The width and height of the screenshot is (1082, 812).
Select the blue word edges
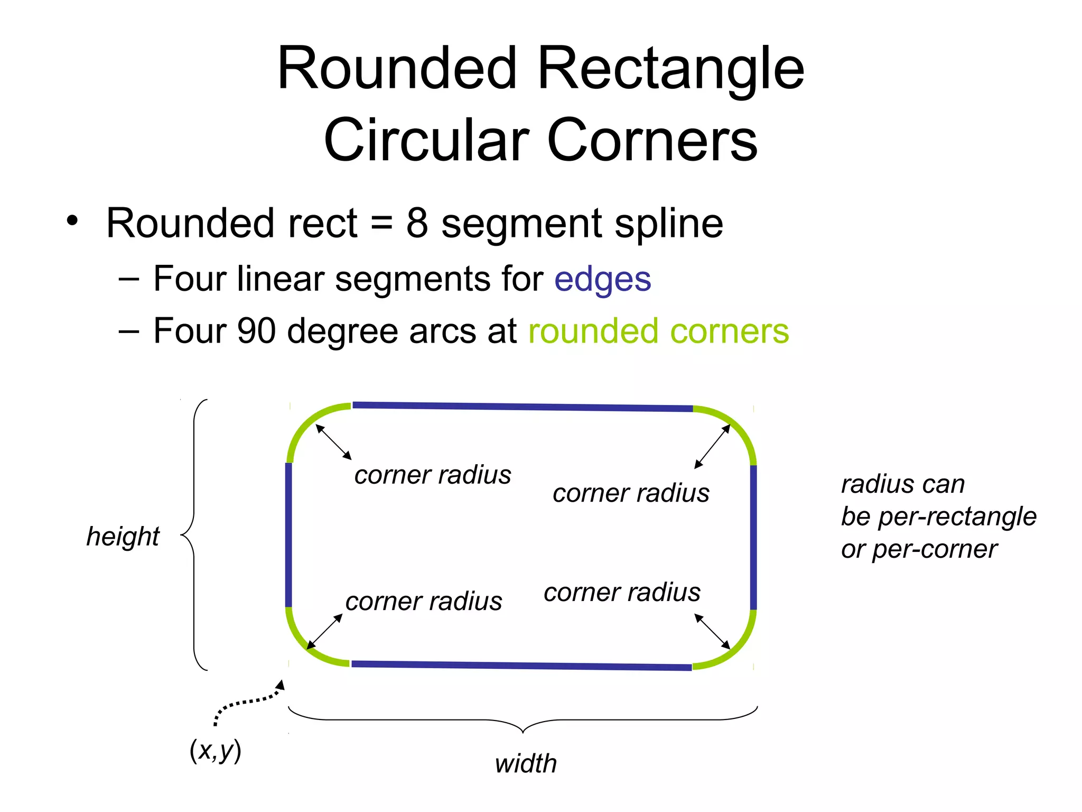point(602,279)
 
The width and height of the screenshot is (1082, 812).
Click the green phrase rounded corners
point(658,331)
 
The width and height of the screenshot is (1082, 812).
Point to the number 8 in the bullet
point(417,223)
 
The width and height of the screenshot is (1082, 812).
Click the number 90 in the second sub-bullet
point(257,331)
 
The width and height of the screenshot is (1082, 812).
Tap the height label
point(123,537)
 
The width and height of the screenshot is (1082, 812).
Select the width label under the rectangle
point(526,764)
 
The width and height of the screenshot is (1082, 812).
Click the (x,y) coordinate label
point(215,750)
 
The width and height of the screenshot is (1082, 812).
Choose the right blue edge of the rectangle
point(753,537)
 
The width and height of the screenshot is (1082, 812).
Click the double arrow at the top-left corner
point(333,441)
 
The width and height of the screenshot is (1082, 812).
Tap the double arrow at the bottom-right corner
point(712,631)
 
